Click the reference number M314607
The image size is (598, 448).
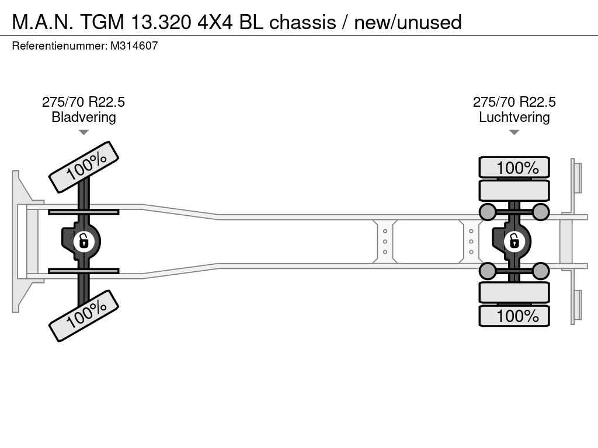tap(134, 46)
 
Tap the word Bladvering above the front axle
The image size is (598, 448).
tap(84, 117)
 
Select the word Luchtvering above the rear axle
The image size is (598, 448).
tap(514, 117)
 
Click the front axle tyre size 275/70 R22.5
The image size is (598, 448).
tap(84, 102)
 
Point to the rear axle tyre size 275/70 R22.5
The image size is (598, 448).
tap(514, 102)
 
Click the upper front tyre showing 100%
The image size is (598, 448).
tap(84, 167)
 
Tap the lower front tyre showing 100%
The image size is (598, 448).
tap(84, 316)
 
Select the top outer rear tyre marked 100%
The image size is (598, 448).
tap(514, 167)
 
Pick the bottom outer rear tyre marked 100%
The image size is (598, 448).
tap(514, 316)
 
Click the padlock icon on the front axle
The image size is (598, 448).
tap(83, 242)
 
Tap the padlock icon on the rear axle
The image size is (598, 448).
tap(514, 242)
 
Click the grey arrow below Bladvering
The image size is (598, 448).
tap(84, 132)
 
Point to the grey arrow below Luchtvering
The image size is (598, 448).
tap(514, 132)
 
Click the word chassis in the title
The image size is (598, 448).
tap(303, 22)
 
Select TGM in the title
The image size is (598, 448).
tap(102, 22)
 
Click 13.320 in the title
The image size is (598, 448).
tap(161, 22)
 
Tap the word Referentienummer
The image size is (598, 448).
tap(59, 46)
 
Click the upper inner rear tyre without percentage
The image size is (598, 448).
tap(514, 191)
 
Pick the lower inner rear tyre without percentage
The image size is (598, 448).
tap(514, 293)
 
